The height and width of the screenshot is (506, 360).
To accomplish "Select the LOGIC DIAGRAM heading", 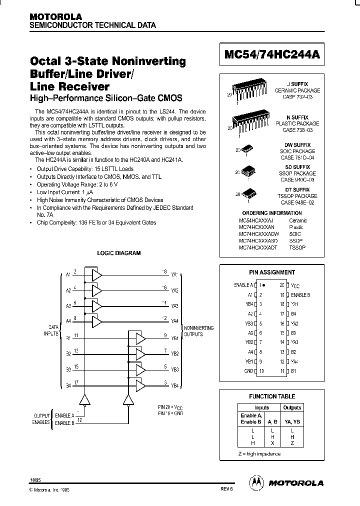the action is click(118, 253).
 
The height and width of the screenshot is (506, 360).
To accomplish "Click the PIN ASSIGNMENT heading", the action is click(272, 272).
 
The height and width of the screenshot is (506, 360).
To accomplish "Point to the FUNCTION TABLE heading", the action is click(272, 396).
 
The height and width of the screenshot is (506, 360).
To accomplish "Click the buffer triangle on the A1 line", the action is click(96, 275).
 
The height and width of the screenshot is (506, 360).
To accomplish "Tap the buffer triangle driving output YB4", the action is click(140, 385).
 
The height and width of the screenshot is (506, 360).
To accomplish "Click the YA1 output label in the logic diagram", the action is click(174, 275).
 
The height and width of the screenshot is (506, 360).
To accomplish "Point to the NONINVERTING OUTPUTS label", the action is click(199, 331).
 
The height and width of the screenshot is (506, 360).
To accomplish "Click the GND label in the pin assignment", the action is click(248, 370).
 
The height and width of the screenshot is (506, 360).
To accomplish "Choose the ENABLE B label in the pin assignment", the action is click(300, 294).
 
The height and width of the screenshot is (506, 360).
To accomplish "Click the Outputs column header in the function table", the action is click(292, 407).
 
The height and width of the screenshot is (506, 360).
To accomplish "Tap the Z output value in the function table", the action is click(292, 443).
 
